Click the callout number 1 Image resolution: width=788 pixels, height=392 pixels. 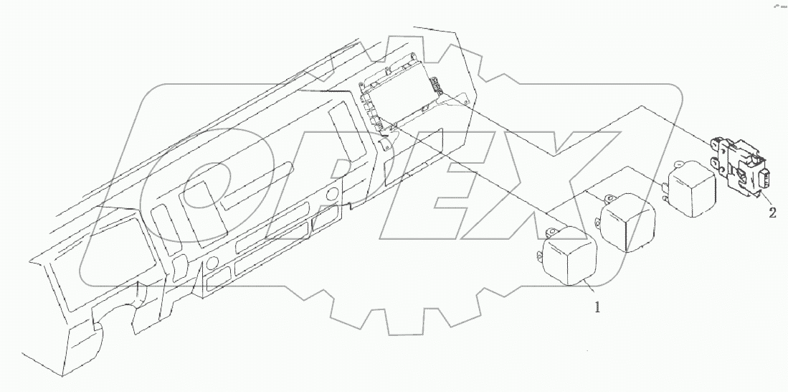[x=595, y=308]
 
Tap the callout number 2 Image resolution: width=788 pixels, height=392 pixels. [x=772, y=212]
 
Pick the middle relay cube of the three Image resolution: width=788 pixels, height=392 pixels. [x=627, y=223]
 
